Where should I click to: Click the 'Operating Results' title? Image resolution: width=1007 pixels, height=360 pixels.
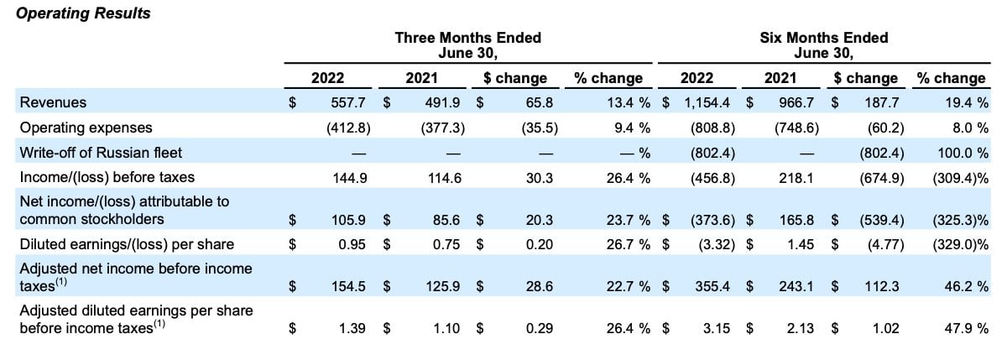pyautogui.click(x=83, y=13)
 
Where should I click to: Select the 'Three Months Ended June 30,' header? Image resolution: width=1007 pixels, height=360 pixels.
pyautogui.click(x=468, y=45)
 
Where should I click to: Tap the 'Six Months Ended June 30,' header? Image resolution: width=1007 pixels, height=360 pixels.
pyautogui.click(x=823, y=45)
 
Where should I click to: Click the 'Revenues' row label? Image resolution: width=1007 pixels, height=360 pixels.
pyautogui.click(x=53, y=102)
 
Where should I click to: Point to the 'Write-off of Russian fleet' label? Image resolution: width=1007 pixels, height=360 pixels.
pyautogui.click(x=101, y=153)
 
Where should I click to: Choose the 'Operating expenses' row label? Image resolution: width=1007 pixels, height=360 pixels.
pyautogui.click(x=86, y=128)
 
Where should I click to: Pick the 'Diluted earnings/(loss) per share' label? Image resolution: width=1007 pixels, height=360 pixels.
pyautogui.click(x=127, y=244)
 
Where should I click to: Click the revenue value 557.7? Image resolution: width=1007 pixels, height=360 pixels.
pyautogui.click(x=348, y=102)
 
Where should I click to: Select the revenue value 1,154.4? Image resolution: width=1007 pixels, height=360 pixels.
pyautogui.click(x=707, y=103)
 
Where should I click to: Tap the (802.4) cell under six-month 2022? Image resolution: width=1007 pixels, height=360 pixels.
pyautogui.click(x=712, y=154)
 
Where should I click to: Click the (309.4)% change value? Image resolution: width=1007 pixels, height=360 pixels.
pyautogui.click(x=960, y=179)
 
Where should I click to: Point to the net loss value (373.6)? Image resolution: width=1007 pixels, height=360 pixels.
pyautogui.click(x=712, y=220)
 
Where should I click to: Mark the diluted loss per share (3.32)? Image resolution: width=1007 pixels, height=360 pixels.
pyautogui.click(x=717, y=244)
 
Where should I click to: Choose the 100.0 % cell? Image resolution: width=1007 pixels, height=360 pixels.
pyautogui.click(x=963, y=154)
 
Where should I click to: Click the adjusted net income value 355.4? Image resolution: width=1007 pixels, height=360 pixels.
pyautogui.click(x=712, y=286)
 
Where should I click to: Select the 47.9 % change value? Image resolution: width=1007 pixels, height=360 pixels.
pyautogui.click(x=967, y=329)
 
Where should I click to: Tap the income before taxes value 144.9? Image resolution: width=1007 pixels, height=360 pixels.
pyautogui.click(x=350, y=179)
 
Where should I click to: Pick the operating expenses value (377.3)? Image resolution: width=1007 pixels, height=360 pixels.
pyautogui.click(x=443, y=128)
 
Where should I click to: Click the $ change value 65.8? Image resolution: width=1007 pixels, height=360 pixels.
pyautogui.click(x=540, y=102)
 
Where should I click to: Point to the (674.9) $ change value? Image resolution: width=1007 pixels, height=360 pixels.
pyautogui.click(x=882, y=179)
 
